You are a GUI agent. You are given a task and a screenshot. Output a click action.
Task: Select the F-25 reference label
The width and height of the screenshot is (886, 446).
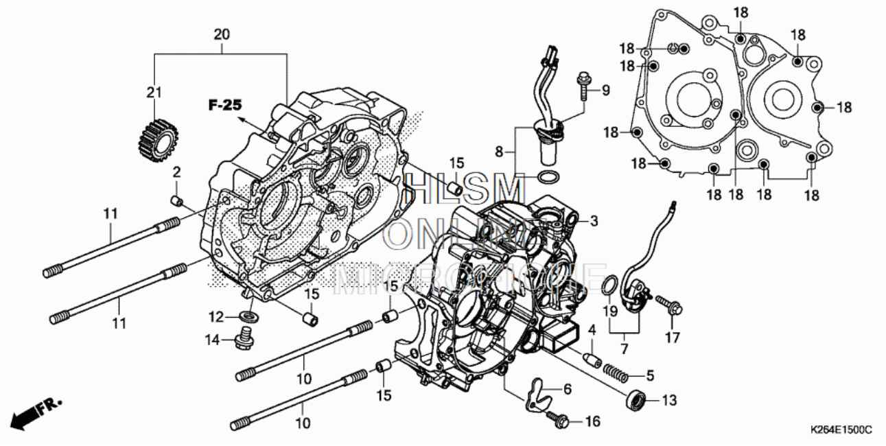click(x=226, y=105)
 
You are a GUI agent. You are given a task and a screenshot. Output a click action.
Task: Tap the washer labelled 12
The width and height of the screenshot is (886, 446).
click(x=250, y=316)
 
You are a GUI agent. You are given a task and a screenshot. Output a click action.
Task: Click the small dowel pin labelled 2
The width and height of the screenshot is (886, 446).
click(x=176, y=200)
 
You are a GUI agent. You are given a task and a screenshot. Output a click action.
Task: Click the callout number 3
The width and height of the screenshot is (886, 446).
click(x=594, y=221)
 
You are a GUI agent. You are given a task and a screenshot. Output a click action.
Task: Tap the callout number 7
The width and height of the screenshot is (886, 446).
click(x=624, y=349)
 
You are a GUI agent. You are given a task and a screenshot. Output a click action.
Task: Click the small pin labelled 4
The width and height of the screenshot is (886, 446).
click(x=592, y=358)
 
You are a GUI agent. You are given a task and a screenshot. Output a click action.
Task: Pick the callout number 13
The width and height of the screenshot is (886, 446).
click(x=670, y=400)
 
